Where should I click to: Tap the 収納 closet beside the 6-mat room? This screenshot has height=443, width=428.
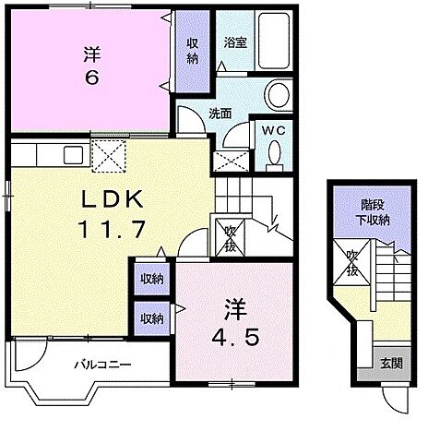click(192, 51)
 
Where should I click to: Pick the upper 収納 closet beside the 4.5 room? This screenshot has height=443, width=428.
click(152, 279)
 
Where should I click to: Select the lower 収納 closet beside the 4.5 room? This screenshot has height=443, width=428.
click(152, 317)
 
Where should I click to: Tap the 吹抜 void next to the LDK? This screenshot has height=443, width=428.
click(225, 237)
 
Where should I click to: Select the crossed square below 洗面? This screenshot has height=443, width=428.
click(227, 159)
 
